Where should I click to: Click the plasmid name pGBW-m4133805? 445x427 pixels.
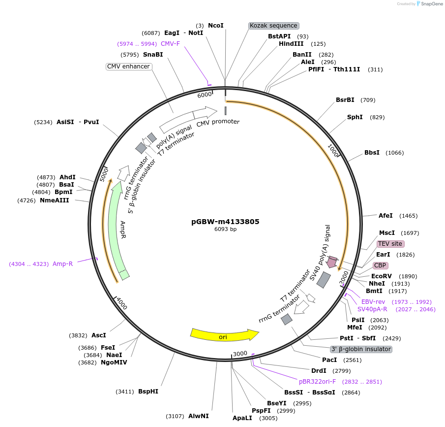(x=225, y=222)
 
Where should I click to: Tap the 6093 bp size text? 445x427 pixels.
(x=225, y=229)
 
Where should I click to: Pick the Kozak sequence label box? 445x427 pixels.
(x=273, y=26)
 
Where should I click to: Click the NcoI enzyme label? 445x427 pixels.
(x=215, y=26)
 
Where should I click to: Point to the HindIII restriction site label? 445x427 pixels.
(x=291, y=44)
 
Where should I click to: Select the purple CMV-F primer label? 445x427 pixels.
(x=170, y=44)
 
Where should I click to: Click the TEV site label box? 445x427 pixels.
(x=390, y=244)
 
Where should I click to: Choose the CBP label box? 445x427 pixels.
(x=380, y=265)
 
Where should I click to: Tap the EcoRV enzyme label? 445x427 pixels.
(x=381, y=276)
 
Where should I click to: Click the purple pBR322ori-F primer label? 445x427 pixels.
(x=317, y=381)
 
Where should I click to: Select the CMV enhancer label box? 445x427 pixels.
(x=128, y=66)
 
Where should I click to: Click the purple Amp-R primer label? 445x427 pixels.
(x=62, y=264)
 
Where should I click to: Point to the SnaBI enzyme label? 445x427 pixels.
(x=153, y=55)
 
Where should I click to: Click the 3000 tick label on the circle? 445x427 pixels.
(x=240, y=354)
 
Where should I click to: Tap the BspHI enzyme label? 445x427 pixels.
(x=148, y=392)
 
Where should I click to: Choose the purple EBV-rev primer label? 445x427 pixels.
(x=373, y=301)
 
